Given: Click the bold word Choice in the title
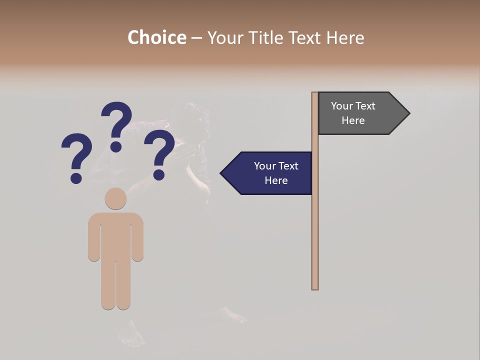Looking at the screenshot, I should pyautogui.click(x=156, y=37).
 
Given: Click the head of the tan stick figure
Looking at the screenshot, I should pyautogui.click(x=115, y=198).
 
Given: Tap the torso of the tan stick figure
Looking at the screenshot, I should pyautogui.click(x=115, y=235).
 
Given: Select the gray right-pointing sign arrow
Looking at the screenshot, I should pyautogui.click(x=357, y=113).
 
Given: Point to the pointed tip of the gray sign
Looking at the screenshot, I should pyautogui.click(x=408, y=113).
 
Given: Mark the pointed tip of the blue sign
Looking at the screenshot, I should pyautogui.click(x=222, y=173).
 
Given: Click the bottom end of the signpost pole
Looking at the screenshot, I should pyautogui.click(x=315, y=287).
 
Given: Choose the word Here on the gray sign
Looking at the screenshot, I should pyautogui.click(x=353, y=120).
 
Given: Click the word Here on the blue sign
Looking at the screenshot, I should pyautogui.click(x=276, y=180).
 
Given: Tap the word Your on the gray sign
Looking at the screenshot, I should pyautogui.click(x=342, y=106).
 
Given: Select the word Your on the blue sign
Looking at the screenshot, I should pyautogui.click(x=265, y=166).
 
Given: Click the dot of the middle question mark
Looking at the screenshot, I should pyautogui.click(x=116, y=146).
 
